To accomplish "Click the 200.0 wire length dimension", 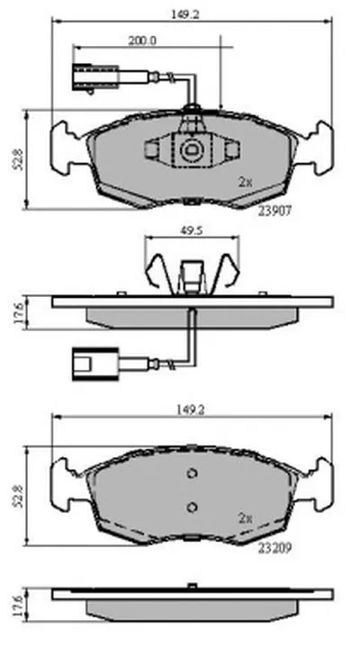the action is [x=142, y=40].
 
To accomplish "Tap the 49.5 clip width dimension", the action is [x=192, y=230].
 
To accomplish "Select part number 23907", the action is [x=274, y=211].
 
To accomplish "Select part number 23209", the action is [x=274, y=548].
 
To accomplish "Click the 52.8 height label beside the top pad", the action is [x=18, y=159].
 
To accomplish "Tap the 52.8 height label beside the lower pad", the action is [x=18, y=497].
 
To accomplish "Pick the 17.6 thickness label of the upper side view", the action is [x=18, y=313].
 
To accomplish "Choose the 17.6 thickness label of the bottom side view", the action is [x=18, y=606].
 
